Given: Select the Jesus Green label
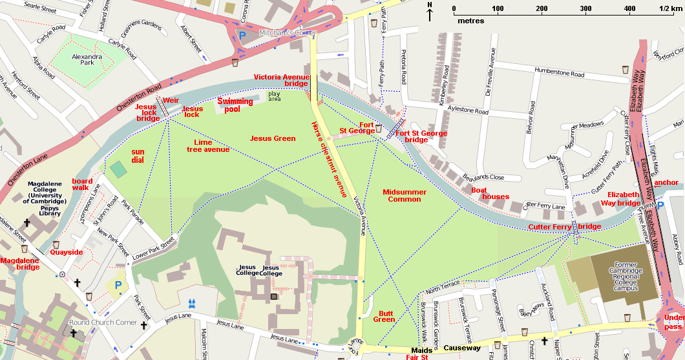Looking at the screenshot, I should point(273,138).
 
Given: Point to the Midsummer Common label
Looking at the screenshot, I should point(405,196).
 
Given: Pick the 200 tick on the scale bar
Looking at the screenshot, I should point(542,9).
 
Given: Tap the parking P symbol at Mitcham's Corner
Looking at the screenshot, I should point(242,37).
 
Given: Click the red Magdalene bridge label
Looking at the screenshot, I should point(19,264).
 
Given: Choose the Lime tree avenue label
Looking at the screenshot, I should point(212,145).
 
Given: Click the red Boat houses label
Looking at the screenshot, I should point(490,193).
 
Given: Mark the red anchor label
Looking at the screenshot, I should point(666,183).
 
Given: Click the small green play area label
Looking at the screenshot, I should point(275,96).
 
